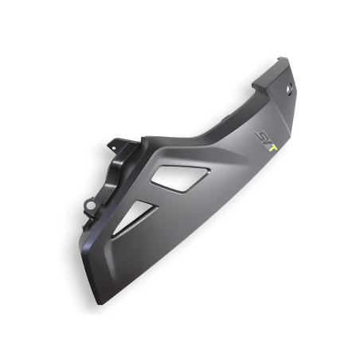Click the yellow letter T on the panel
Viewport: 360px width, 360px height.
click(273, 148)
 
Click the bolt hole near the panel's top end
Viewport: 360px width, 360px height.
click(289, 88)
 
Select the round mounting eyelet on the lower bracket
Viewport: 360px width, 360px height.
click(90, 205)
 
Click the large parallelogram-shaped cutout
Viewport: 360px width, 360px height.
click(181, 178)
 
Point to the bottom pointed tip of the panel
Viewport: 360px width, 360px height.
click(99, 303)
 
